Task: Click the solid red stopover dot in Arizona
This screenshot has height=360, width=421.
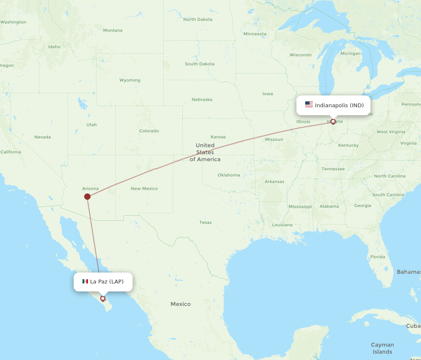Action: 87,196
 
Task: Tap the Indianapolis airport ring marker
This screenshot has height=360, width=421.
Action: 333,122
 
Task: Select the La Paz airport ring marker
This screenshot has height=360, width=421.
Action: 102,299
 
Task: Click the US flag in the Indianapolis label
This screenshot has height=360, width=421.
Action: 309,105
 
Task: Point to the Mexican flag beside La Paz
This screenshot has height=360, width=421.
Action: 85,281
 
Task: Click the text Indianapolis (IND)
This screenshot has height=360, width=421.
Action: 339,105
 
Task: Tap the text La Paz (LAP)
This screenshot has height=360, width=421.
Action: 107,281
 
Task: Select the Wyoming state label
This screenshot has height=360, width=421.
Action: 130,80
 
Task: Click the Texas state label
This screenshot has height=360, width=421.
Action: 205,222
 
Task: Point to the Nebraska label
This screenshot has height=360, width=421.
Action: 202,100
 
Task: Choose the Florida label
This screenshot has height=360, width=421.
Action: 377,257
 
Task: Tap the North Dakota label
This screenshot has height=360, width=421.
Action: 198,19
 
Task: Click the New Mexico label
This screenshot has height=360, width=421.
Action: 144,188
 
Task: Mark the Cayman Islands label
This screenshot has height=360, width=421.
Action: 382,348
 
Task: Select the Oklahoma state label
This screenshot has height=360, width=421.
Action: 229,175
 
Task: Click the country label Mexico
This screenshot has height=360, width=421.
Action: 180,304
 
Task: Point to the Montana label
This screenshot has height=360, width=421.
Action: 112,30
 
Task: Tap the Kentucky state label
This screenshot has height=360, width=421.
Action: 348,145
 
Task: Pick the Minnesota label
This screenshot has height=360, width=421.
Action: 255,34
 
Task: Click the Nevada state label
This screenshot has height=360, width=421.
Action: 42,137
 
